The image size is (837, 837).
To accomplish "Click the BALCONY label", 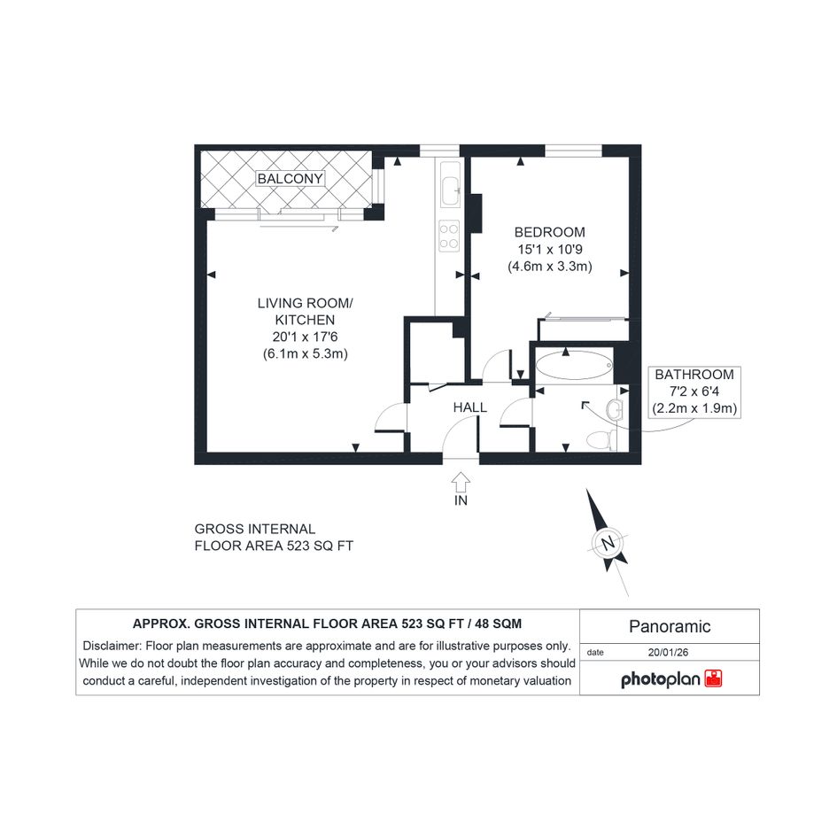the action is coord(290,178).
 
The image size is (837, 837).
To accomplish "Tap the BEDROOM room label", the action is coord(549,232).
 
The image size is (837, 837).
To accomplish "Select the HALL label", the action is coord(469,407).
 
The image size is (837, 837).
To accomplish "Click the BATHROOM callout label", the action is coord(694,375).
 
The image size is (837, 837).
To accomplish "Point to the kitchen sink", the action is coord(451,184).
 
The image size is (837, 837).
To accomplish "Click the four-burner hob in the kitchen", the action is coord(449,236).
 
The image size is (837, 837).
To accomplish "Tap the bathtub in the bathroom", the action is coord(574,366).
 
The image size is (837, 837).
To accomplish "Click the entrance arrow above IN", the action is coord(461,482).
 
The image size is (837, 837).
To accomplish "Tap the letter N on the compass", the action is coord(608,544).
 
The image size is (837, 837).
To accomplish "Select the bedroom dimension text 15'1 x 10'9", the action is coord(550,249).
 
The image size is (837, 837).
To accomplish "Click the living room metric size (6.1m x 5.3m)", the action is coord(305,354).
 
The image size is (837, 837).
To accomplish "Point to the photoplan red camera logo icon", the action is coord(713,678).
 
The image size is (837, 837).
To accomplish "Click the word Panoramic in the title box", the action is coord(670,626).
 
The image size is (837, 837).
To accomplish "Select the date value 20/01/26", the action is coord(668,652).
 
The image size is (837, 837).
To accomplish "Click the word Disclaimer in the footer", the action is coord(112,646).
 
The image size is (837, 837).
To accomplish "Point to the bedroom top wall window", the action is coord(573,151).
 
